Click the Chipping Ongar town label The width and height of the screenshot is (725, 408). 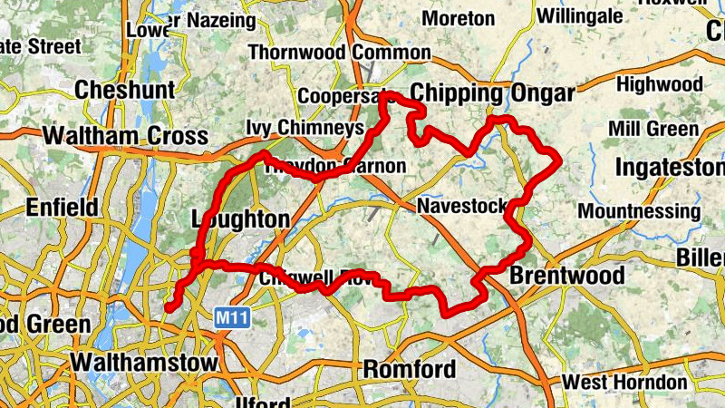pos(492,93)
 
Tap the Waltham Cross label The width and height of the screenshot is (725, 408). pos(125,136)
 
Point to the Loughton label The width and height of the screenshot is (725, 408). pos(240,219)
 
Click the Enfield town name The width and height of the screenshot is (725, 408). pos(62,207)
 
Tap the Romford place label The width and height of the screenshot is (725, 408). pos(409,369)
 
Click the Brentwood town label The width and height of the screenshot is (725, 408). pos(567,275)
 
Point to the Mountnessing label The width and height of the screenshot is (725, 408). pos(639,211)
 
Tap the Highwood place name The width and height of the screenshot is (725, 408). pos(659,84)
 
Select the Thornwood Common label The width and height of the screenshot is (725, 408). pos(338,53)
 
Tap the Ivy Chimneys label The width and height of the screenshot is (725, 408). pos(304,129)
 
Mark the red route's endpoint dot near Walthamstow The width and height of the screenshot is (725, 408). pos(169,308)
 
